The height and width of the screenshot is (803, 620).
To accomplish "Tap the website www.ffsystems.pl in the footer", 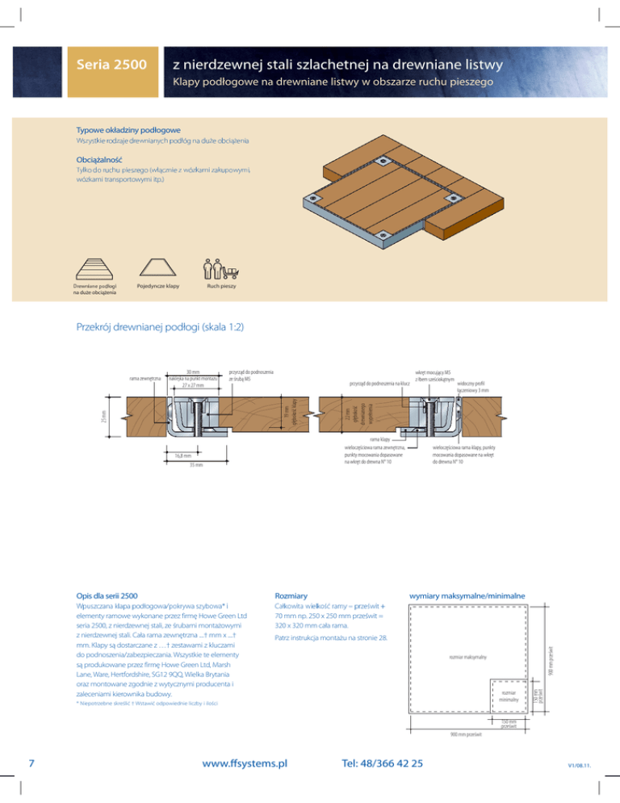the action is (237, 763).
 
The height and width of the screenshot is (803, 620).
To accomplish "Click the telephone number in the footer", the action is (382, 763).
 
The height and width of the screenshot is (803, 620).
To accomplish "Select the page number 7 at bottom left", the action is (29, 763).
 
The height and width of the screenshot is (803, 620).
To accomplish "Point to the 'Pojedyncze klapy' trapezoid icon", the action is (157, 267).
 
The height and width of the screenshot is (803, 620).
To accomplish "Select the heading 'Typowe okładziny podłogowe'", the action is (128, 129).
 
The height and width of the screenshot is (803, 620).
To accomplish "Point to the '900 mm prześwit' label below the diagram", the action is (468, 736).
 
